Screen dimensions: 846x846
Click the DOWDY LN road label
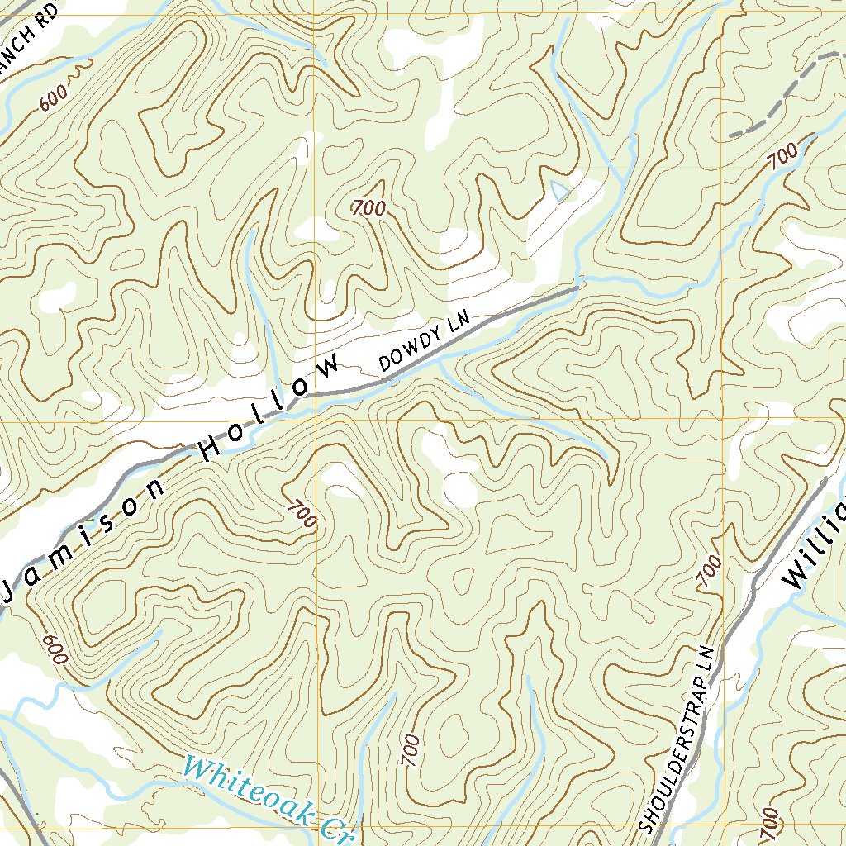(x=423, y=341)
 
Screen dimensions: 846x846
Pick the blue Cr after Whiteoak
(x=335, y=830)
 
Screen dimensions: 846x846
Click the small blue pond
(x=560, y=191)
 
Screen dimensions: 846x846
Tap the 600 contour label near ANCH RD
(x=54, y=98)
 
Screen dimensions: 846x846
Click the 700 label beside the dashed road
(x=782, y=155)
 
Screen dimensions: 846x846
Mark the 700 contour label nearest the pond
(x=368, y=208)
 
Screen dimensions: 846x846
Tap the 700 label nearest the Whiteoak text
(x=411, y=750)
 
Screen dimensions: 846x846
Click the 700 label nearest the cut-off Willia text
(x=710, y=571)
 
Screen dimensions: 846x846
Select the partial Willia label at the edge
(x=814, y=545)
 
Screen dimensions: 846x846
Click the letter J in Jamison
(x=12, y=589)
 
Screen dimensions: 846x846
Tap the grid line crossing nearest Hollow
(x=315, y=420)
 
